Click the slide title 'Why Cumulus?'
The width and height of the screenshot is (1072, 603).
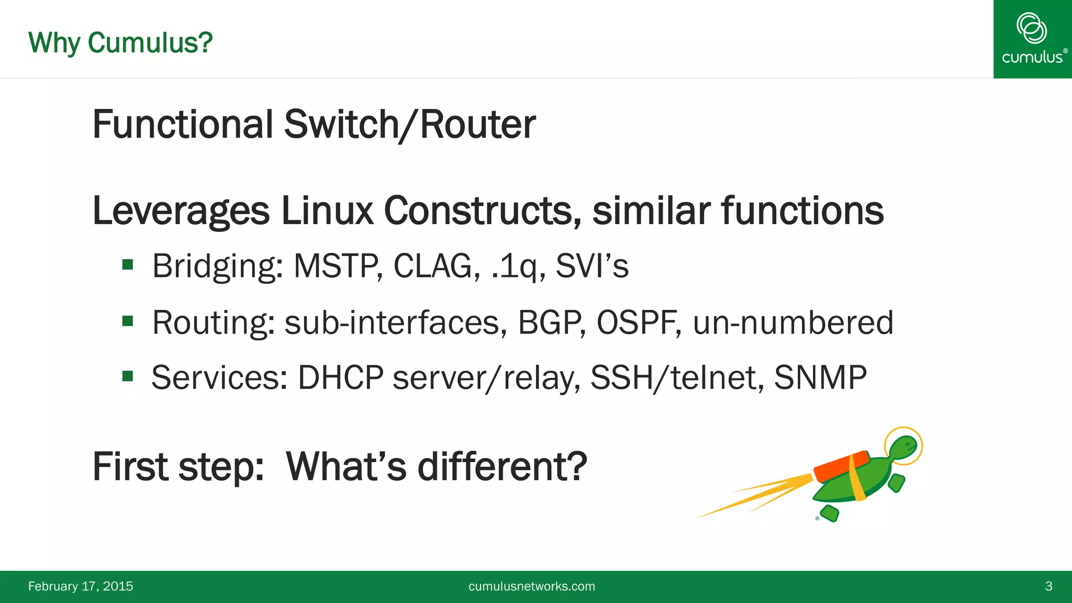[120, 43]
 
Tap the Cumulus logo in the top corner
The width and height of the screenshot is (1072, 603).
[1032, 39]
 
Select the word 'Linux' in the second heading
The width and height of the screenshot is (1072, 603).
[327, 211]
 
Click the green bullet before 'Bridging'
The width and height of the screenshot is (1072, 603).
[128, 265]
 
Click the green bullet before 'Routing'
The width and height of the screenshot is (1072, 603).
[128, 321]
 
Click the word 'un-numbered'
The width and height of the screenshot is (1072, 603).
[792, 322]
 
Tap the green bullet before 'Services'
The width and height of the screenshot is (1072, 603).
[128, 376]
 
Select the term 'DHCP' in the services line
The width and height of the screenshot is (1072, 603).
[341, 377]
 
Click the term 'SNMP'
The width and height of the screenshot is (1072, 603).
[820, 377]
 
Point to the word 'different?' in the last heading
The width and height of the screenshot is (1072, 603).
[502, 466]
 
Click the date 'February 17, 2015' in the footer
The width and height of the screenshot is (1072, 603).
[81, 586]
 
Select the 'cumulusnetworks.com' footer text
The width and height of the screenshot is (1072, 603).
[532, 586]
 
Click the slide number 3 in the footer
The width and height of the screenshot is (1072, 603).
[1048, 586]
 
